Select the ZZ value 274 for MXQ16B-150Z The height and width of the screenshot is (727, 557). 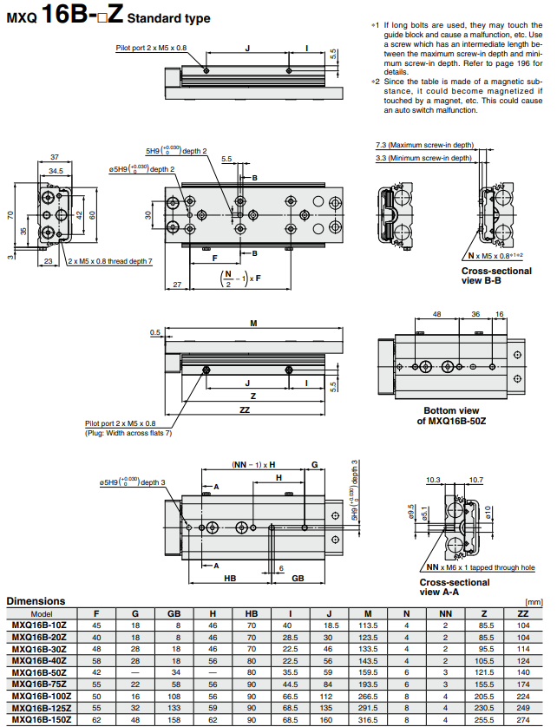tap(522, 719)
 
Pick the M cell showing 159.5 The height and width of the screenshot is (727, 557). tap(368, 672)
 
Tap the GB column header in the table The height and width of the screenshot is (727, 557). tap(174, 612)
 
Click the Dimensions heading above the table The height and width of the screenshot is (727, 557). tap(36, 600)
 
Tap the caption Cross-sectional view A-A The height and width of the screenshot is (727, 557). tap(454, 586)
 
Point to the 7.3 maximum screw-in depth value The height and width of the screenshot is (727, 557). tap(381, 145)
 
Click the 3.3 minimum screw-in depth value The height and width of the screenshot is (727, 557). tap(381, 159)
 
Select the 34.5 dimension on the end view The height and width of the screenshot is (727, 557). tap(55, 171)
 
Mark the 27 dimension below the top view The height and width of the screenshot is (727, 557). tap(177, 285)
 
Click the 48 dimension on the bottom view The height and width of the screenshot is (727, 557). tap(436, 314)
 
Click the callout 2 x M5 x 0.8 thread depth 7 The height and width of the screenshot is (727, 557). tap(109, 261)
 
